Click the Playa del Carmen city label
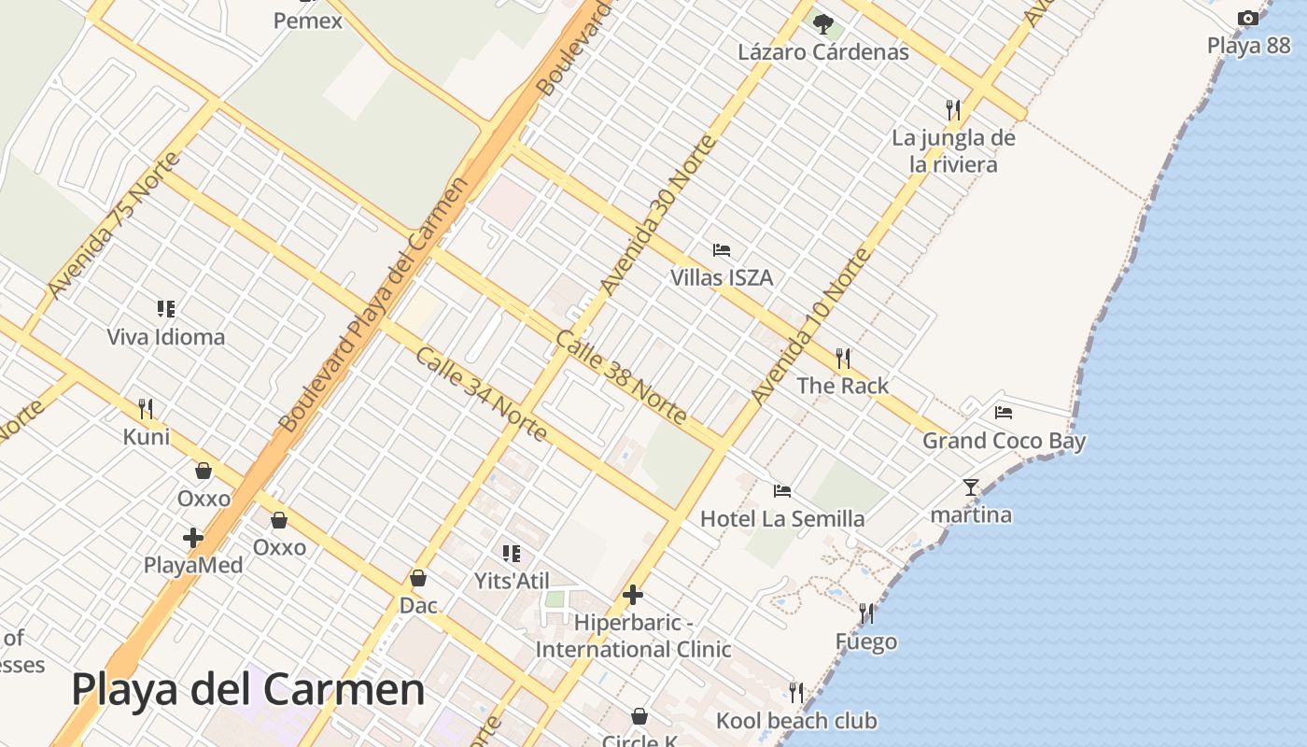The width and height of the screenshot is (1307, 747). tap(248, 690)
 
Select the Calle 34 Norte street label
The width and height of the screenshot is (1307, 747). tap(481, 394)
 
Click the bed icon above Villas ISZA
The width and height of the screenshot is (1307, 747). tap(721, 250)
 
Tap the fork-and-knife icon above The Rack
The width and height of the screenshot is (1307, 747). tap(843, 358)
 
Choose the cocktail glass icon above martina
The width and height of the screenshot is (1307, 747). tap(971, 487)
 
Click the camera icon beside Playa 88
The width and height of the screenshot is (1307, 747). tap(1247, 18)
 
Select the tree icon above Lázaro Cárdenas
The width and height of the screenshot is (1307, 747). tap(822, 23)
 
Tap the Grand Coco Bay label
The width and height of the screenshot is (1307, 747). tap(1004, 441)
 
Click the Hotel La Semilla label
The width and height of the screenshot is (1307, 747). tap(782, 518)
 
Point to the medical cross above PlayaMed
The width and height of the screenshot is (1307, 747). tap(193, 538)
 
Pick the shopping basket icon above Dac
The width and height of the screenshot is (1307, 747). tap(418, 579)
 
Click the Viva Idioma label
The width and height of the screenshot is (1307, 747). tap(166, 336)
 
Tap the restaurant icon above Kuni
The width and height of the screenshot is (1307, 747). tap(146, 409)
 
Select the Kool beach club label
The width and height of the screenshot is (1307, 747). tap(796, 721)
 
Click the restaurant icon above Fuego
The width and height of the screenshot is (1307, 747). tap(866, 613)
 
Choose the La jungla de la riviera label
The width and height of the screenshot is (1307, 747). tap(953, 151)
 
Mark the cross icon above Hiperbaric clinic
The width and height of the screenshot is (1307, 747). tap(633, 595)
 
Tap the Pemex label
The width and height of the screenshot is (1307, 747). tap(308, 20)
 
